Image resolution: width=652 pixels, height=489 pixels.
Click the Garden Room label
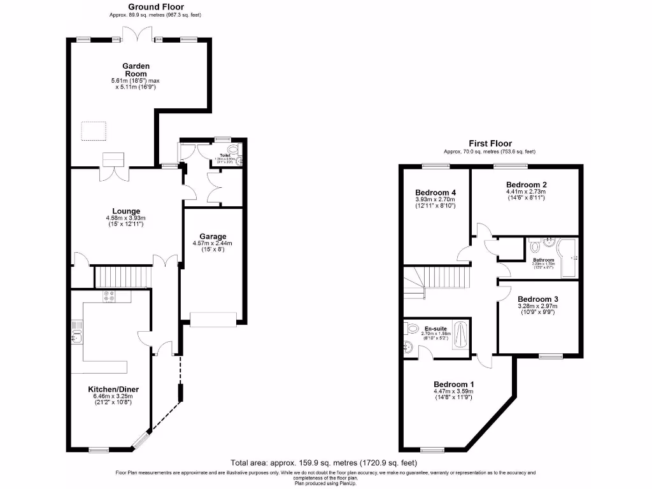click(136, 69)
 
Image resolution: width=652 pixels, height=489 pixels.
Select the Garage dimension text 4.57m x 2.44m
click(213, 243)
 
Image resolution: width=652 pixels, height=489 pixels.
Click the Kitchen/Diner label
click(113, 389)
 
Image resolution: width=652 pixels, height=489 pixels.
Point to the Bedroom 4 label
click(435, 192)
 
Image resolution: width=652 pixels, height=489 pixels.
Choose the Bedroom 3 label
click(538, 299)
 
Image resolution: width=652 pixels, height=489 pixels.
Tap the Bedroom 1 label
click(453, 384)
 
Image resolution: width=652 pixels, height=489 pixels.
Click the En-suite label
click(436, 329)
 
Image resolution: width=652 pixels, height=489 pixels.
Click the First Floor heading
click(490, 144)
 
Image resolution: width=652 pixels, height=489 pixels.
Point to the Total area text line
click(326, 463)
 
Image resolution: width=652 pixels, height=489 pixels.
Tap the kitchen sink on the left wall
click(77, 332)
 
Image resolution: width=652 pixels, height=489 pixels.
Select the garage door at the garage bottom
click(213, 319)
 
